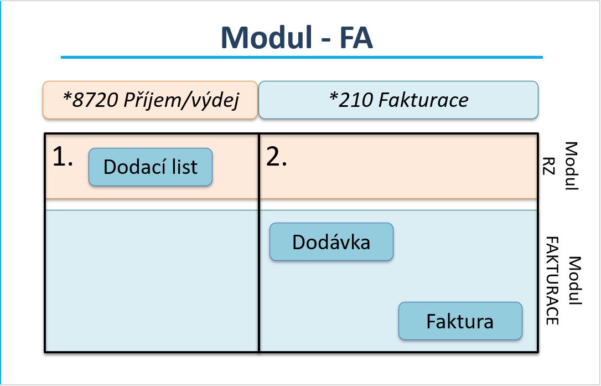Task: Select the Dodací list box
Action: coord(151,167)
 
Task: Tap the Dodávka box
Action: coord(331,241)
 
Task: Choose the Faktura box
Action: coord(460,321)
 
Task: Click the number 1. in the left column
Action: coord(63,158)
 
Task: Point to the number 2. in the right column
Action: coord(277,158)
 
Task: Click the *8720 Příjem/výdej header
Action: coord(150,100)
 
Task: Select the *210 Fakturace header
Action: coord(398,100)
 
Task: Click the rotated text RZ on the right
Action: coord(550,166)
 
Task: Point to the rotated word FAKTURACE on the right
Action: coord(552,281)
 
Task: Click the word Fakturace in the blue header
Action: coord(423,100)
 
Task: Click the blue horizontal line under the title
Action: coord(302,57)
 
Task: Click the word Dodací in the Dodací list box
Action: coord(131,167)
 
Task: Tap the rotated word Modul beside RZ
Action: coord(571,166)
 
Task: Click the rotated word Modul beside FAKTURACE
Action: coord(575,281)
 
